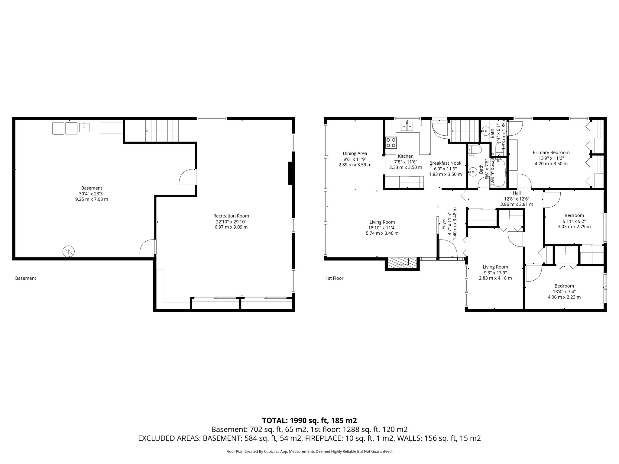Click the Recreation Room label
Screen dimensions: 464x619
(x=231, y=216)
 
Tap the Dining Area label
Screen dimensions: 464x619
(x=355, y=153)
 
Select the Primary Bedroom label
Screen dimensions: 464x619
(x=551, y=153)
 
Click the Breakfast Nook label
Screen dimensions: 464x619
(x=445, y=163)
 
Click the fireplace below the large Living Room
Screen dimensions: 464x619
(x=402, y=262)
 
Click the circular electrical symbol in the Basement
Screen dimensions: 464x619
(x=69, y=251)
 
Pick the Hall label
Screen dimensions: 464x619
(x=517, y=193)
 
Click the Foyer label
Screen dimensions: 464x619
(x=444, y=224)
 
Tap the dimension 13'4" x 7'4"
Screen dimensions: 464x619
(x=564, y=292)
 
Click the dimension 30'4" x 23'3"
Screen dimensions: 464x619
(x=91, y=194)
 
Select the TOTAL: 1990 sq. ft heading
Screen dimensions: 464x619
(x=309, y=420)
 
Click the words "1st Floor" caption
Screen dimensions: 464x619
(x=334, y=278)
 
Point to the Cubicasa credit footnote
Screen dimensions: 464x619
(x=309, y=451)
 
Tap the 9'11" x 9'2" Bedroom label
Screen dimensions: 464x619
(x=574, y=215)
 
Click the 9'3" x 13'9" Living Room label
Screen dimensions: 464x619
(x=495, y=267)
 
